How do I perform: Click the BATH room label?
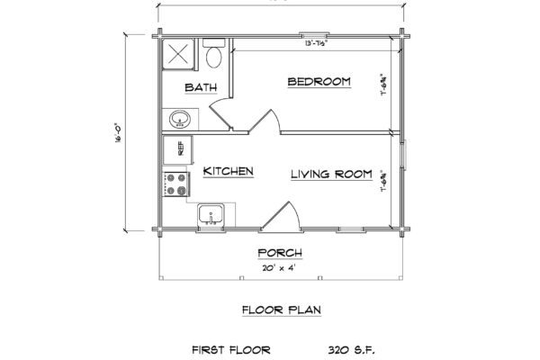tap(199, 87)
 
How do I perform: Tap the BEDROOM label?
tap(319, 83)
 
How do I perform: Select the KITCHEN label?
tap(226, 171)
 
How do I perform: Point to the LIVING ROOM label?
tap(331, 174)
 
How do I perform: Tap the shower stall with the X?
tap(176, 52)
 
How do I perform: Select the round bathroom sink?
tap(178, 117)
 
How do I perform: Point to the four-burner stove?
tap(176, 185)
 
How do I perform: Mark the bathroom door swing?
tap(221, 114)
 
